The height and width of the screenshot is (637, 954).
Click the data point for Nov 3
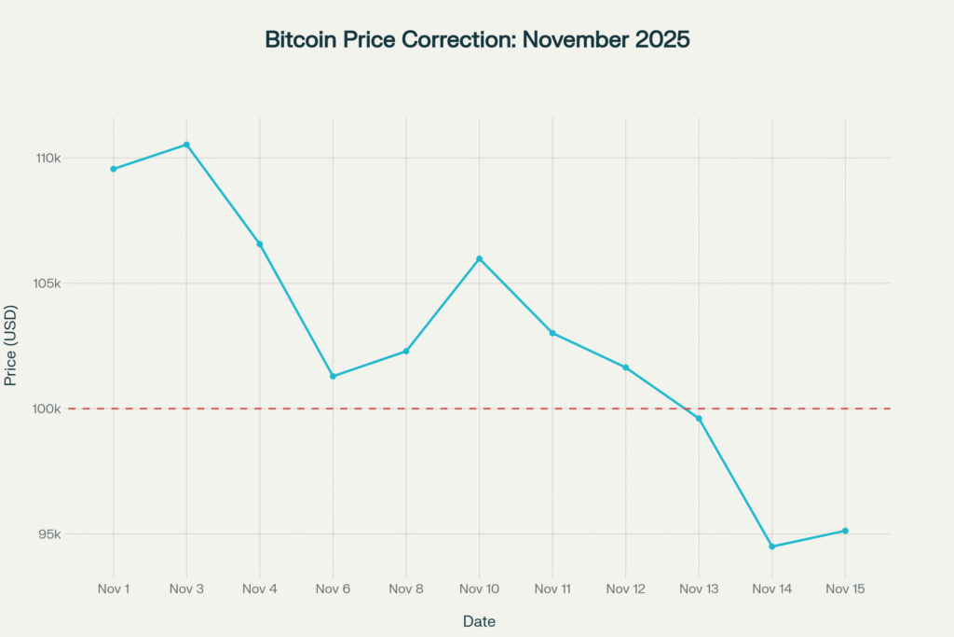(186, 145)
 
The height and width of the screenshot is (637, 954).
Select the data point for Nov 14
(772, 547)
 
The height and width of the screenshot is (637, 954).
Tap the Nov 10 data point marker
(479, 258)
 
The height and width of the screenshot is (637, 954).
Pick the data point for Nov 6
(333, 376)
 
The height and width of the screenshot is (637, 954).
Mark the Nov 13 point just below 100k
(699, 419)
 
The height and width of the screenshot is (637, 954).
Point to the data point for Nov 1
(114, 169)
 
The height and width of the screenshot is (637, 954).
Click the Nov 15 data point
(845, 531)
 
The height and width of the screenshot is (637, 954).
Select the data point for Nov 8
(406, 351)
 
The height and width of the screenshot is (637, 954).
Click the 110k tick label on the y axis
(48, 159)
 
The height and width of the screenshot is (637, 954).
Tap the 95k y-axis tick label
(50, 535)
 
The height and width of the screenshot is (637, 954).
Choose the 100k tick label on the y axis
(48, 409)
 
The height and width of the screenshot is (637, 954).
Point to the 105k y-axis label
(48, 284)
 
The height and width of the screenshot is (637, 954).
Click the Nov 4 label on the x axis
(260, 589)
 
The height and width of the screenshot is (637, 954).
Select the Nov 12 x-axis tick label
(625, 589)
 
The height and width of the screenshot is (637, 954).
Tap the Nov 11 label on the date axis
(552, 589)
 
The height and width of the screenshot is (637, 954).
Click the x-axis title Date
(479, 621)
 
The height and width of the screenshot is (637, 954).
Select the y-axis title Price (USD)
(11, 346)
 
